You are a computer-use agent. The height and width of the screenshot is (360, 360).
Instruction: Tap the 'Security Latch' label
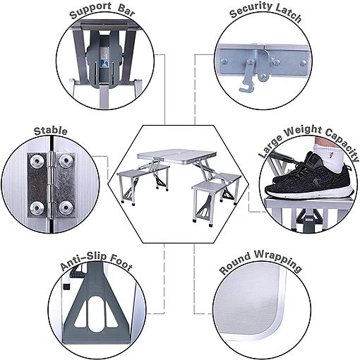coord(265,12)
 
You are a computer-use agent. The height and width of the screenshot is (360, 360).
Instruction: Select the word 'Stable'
coord(51,131)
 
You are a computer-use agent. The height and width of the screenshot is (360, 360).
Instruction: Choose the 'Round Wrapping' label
coord(260,262)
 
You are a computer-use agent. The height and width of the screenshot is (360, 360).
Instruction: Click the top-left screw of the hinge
coord(37,161)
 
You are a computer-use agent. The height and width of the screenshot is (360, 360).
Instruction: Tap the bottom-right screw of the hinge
coord(66,208)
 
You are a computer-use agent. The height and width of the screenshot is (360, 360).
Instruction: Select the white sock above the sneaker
coord(327,156)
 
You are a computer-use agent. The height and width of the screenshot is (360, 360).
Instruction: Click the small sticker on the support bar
coord(103,57)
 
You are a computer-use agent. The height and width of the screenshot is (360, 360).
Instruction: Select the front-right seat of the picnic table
coord(208,186)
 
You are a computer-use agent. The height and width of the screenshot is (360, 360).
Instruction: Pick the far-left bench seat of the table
coord(131,174)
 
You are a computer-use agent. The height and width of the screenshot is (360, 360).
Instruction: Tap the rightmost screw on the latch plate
coord(303,63)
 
